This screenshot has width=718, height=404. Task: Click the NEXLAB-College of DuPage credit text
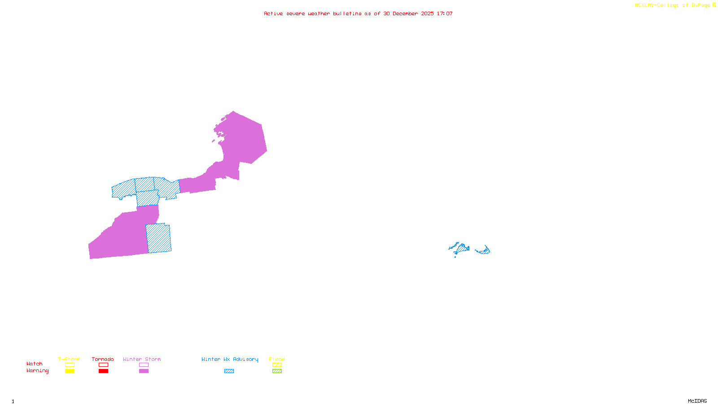point(674,5)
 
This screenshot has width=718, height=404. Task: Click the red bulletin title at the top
point(358,14)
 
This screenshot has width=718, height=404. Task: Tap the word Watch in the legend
point(35,364)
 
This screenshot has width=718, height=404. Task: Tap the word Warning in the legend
point(38,371)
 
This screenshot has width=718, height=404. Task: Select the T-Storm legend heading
point(69,359)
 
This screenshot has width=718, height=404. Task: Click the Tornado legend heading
point(103,359)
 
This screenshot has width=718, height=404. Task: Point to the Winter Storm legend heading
point(142,359)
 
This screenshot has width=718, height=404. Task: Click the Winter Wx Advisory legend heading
point(230,359)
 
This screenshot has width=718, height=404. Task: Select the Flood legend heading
point(277,359)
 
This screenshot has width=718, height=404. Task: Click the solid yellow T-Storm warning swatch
point(70,371)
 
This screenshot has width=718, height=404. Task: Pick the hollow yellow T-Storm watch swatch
point(70,365)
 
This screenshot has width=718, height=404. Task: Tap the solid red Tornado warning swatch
point(104,371)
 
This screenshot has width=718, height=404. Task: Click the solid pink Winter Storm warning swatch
point(144,371)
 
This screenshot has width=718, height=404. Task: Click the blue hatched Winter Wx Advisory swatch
point(229,371)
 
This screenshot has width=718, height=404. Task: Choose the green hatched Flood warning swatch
point(277,371)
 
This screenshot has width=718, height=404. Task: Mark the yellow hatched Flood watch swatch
point(277,365)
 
